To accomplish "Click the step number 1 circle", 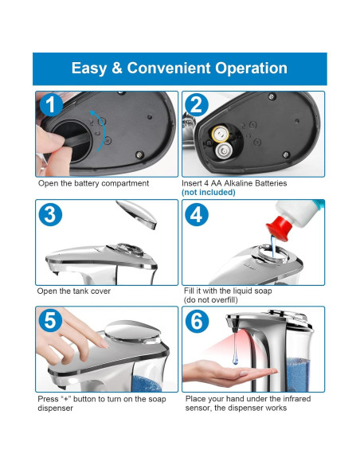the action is [51, 104].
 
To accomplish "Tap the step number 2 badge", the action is [196, 104].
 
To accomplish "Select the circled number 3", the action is [50, 214].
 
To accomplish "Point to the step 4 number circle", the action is [196, 214].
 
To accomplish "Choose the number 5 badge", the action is [50, 321].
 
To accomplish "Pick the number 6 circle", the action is [197, 321].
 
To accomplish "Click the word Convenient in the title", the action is [169, 68].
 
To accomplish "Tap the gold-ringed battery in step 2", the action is [220, 134].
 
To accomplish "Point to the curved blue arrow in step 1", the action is [102, 131].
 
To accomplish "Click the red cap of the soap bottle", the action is [278, 229].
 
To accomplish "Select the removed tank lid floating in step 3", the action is [137, 214].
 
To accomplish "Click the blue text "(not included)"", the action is [209, 192].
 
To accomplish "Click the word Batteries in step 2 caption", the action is [271, 183].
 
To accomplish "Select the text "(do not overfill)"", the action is [210, 300].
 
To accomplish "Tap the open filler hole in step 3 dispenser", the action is [130, 249].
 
